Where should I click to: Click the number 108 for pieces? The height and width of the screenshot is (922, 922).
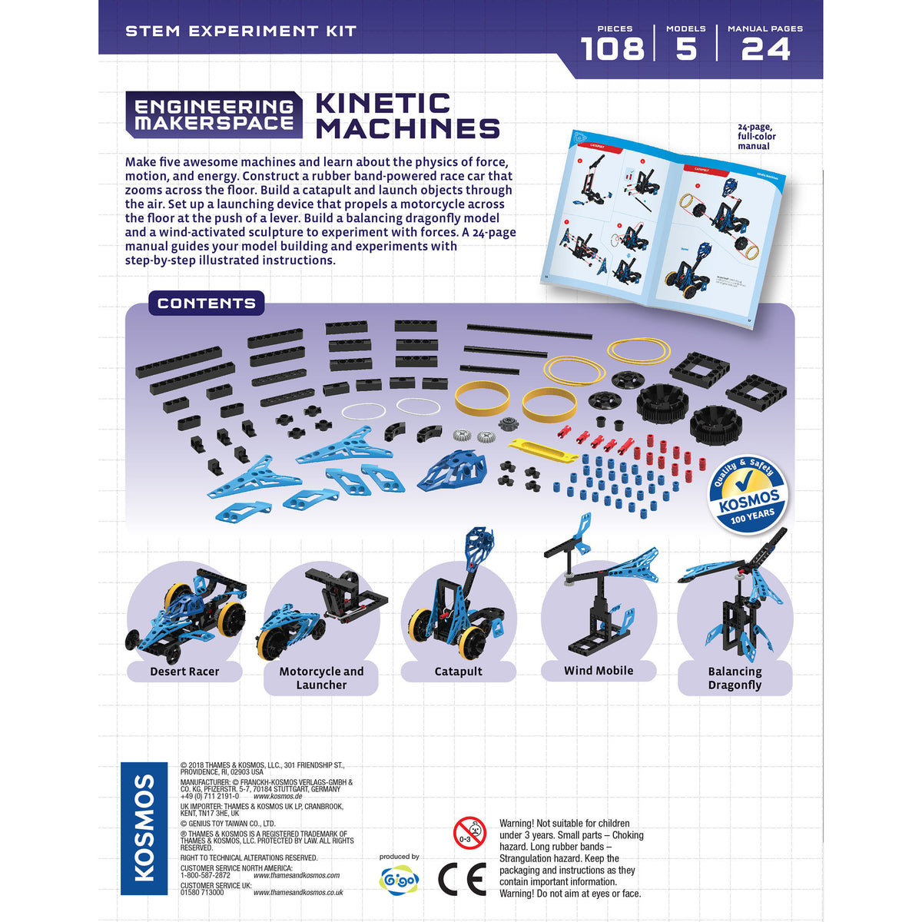[612, 49]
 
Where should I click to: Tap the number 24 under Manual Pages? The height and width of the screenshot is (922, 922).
[765, 49]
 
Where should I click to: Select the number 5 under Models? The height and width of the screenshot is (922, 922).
[685, 49]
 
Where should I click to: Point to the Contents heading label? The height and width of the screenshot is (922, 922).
[206, 303]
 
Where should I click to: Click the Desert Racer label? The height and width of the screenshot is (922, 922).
[184, 672]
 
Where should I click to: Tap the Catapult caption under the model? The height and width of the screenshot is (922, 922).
[459, 672]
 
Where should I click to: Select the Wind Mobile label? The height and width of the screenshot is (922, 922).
[599, 671]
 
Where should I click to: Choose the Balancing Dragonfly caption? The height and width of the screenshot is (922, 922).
[735, 678]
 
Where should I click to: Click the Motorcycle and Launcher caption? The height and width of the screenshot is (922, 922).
[321, 678]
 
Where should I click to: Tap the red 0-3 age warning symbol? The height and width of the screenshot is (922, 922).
[469, 834]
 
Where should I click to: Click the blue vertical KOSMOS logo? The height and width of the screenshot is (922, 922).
[144, 828]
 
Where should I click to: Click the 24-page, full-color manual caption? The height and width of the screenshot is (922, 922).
[756, 137]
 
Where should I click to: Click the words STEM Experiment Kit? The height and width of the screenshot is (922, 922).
[240, 32]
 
